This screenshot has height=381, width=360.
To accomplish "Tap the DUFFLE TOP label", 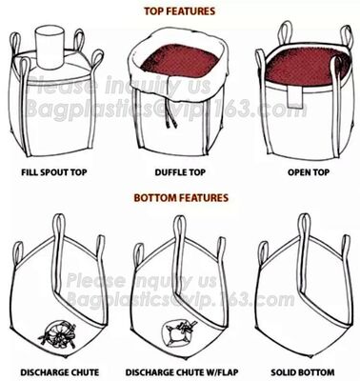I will (181, 175).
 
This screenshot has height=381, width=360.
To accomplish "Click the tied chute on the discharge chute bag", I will (54, 331).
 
